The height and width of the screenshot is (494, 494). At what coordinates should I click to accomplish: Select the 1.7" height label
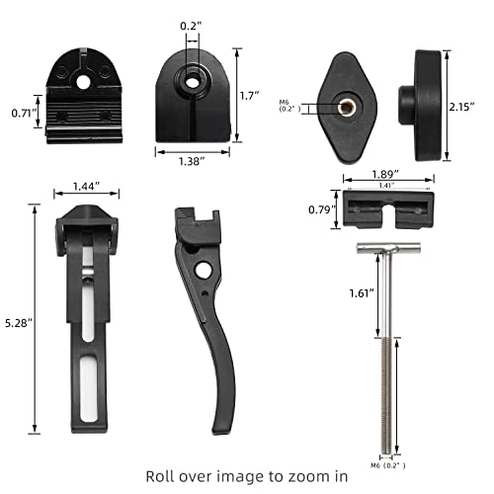click(x=251, y=96)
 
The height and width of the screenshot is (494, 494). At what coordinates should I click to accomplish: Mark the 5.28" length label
click(x=18, y=321)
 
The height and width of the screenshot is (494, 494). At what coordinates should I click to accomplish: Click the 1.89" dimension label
click(x=386, y=174)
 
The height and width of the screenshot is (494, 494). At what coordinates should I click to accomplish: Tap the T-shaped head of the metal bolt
click(x=386, y=249)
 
